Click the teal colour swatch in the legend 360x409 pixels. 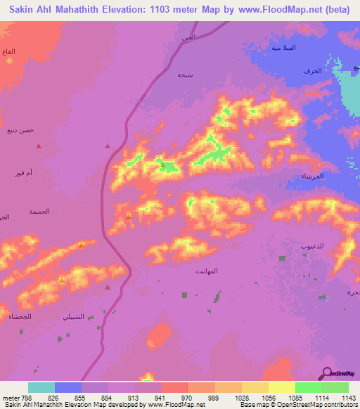41,387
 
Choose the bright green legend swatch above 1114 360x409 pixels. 309,387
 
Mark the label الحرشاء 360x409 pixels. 311,176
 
